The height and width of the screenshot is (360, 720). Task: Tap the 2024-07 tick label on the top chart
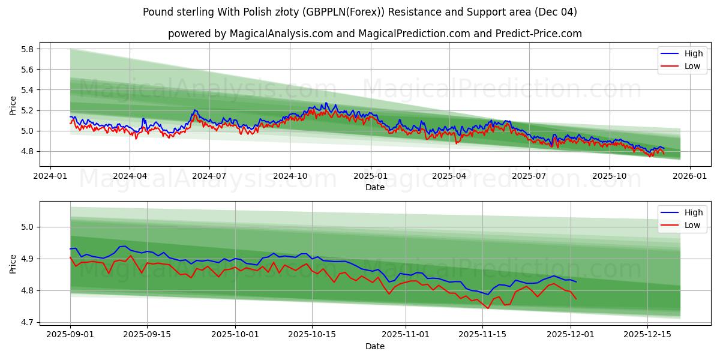[x=209, y=177]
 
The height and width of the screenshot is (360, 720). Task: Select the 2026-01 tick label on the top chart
[x=689, y=177]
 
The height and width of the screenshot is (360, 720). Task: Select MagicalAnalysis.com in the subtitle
[x=281, y=34]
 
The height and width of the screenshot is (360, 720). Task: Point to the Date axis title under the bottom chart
[x=375, y=346]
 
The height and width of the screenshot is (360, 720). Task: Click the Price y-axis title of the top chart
[x=13, y=105]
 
